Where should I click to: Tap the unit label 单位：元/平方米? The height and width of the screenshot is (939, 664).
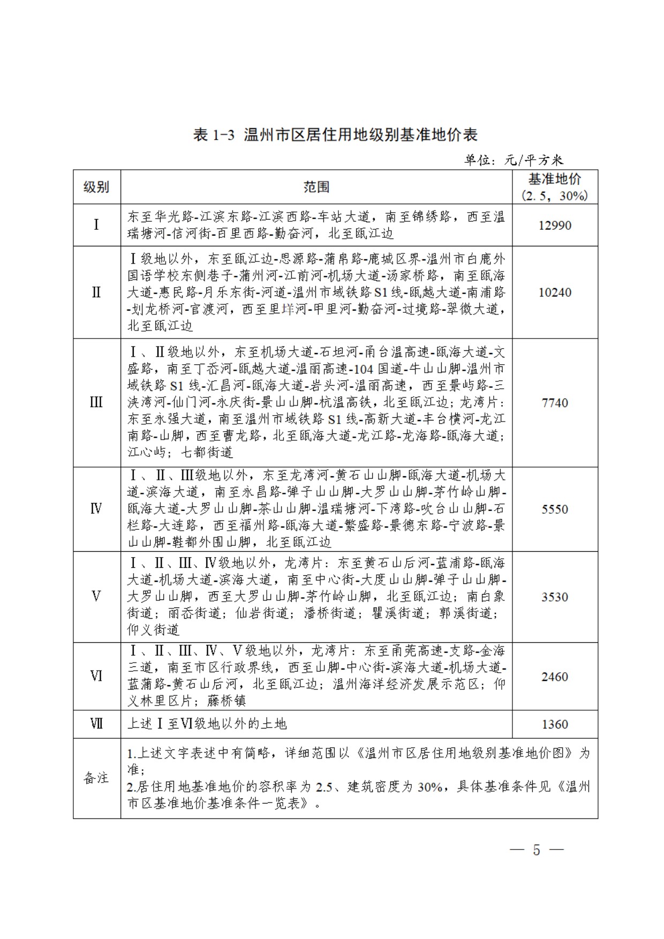click(514, 160)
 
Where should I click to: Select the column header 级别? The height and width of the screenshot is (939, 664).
click(96, 187)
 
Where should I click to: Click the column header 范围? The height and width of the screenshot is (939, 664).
click(316, 187)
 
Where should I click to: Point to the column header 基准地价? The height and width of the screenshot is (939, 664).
click(555, 179)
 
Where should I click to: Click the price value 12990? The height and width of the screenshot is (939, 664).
click(555, 226)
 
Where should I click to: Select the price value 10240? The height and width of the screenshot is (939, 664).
click(555, 292)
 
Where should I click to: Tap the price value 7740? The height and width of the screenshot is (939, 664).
click(555, 403)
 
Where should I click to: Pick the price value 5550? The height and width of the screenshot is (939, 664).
click(555, 509)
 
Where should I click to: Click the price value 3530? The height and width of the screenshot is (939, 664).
click(555, 597)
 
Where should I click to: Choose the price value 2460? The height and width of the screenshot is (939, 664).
click(555, 677)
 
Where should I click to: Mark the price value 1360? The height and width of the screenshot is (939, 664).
click(555, 724)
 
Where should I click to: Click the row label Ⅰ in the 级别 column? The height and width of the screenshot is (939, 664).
click(96, 224)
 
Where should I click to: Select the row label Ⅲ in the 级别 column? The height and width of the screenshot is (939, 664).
click(96, 402)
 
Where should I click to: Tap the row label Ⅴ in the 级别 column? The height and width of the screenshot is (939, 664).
click(96, 596)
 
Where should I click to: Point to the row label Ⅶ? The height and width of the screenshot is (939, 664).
click(96, 724)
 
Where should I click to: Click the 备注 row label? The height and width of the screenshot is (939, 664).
click(96, 778)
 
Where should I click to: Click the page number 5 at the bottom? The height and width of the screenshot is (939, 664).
click(537, 850)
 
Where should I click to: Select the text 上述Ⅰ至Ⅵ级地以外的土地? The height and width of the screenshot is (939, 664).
click(207, 724)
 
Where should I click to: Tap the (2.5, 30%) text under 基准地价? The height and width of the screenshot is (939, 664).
click(555, 196)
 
